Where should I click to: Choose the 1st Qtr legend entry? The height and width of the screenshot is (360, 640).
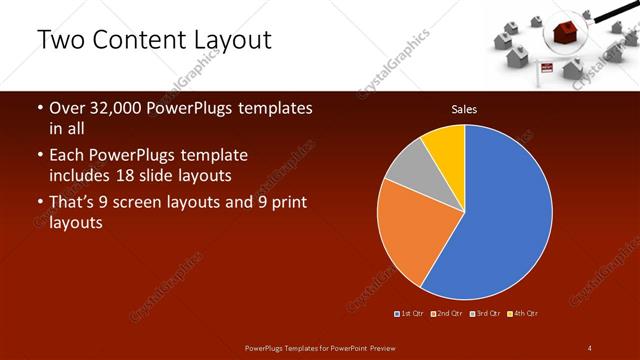pyautogui.click(x=410, y=313)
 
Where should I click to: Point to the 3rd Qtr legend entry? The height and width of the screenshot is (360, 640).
pyautogui.click(x=486, y=313)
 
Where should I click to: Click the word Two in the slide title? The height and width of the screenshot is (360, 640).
pyautogui.click(x=61, y=40)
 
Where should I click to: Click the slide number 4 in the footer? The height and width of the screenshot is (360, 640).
pyautogui.click(x=590, y=347)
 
